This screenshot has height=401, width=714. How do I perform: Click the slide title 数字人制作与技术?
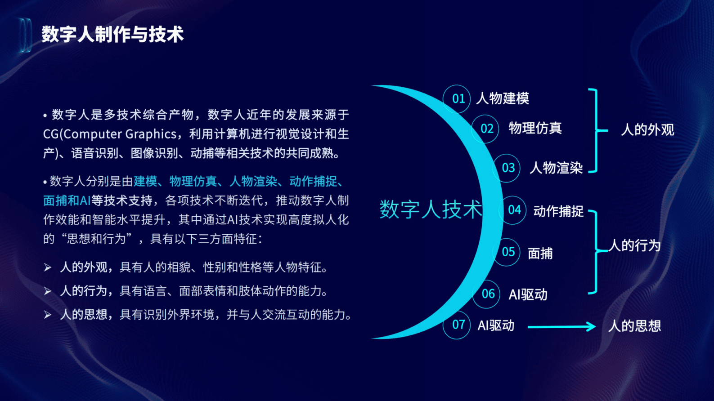112,34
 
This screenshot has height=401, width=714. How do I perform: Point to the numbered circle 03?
507,168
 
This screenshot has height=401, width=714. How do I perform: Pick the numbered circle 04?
513,210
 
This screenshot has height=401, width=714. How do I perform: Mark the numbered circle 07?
457,325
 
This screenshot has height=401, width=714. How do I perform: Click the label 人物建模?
503,98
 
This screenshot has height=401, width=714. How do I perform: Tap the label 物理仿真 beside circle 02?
535,128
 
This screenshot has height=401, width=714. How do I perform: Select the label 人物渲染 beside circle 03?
556,168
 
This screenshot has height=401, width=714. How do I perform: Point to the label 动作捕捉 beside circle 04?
558,211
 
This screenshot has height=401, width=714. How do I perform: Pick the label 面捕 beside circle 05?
540,254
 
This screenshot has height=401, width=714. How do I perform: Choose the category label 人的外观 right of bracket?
647,130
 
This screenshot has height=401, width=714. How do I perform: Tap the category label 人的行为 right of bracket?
634,245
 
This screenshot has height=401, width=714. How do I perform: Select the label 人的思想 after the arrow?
634,326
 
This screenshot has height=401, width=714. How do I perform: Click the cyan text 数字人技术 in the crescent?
431,209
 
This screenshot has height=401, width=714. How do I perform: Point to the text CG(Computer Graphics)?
110,134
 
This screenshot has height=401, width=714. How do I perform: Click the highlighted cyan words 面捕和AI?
67,200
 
